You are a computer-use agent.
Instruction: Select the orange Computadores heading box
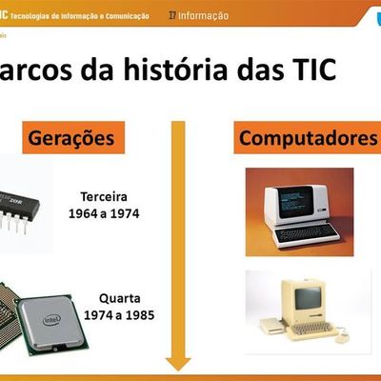pyautogui.click(x=306, y=138)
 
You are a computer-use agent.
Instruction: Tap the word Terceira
pyautogui.click(x=110, y=197)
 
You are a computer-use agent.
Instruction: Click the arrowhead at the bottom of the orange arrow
pyautogui.click(x=178, y=364)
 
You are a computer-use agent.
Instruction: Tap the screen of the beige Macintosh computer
pyautogui.click(x=308, y=298)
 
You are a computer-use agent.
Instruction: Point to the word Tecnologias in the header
pyautogui.click(x=49, y=16)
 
